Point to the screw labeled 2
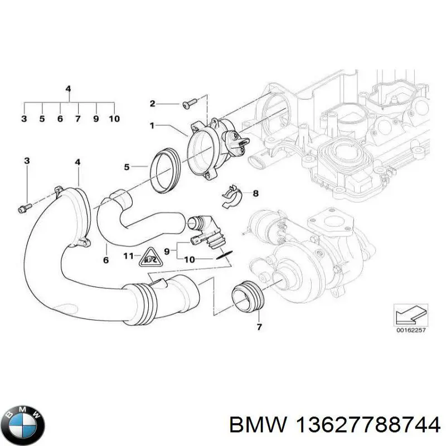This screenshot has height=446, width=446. click(x=190, y=103)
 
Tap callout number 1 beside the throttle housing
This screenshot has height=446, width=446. click(x=151, y=126)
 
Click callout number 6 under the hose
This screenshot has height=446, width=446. click(x=106, y=260)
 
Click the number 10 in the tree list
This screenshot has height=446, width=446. click(x=114, y=119)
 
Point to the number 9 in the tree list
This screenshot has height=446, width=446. click(x=96, y=119)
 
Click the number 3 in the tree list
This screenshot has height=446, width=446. click(x=23, y=119)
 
